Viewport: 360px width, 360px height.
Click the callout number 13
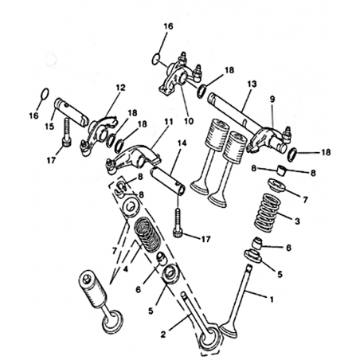252,84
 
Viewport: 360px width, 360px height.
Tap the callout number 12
120,88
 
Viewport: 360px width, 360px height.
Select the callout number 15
49,127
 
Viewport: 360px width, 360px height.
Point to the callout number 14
182,143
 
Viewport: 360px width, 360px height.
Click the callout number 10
189,121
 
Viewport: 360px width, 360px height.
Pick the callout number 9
272,100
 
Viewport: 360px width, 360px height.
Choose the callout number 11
169,122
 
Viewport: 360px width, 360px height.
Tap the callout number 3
297,221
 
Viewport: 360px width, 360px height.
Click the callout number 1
272,299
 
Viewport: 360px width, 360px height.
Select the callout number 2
163,335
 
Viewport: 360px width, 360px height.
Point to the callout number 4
126,269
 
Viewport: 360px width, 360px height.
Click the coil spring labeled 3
268,212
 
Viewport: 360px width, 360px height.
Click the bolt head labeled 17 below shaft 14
177,233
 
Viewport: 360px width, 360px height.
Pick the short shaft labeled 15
72,112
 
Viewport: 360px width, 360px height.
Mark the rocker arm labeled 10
180,76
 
